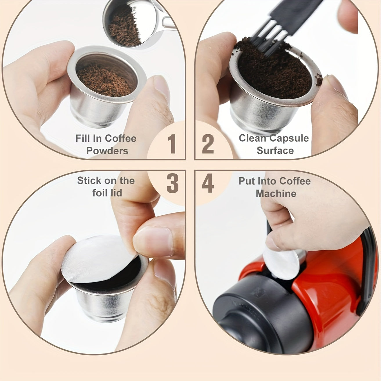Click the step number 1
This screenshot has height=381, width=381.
point(172,144)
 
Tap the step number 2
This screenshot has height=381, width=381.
point(208,144)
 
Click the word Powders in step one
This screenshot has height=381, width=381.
point(107,151)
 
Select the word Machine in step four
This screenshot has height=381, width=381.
point(276,193)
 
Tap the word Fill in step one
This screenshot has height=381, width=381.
point(82,138)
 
